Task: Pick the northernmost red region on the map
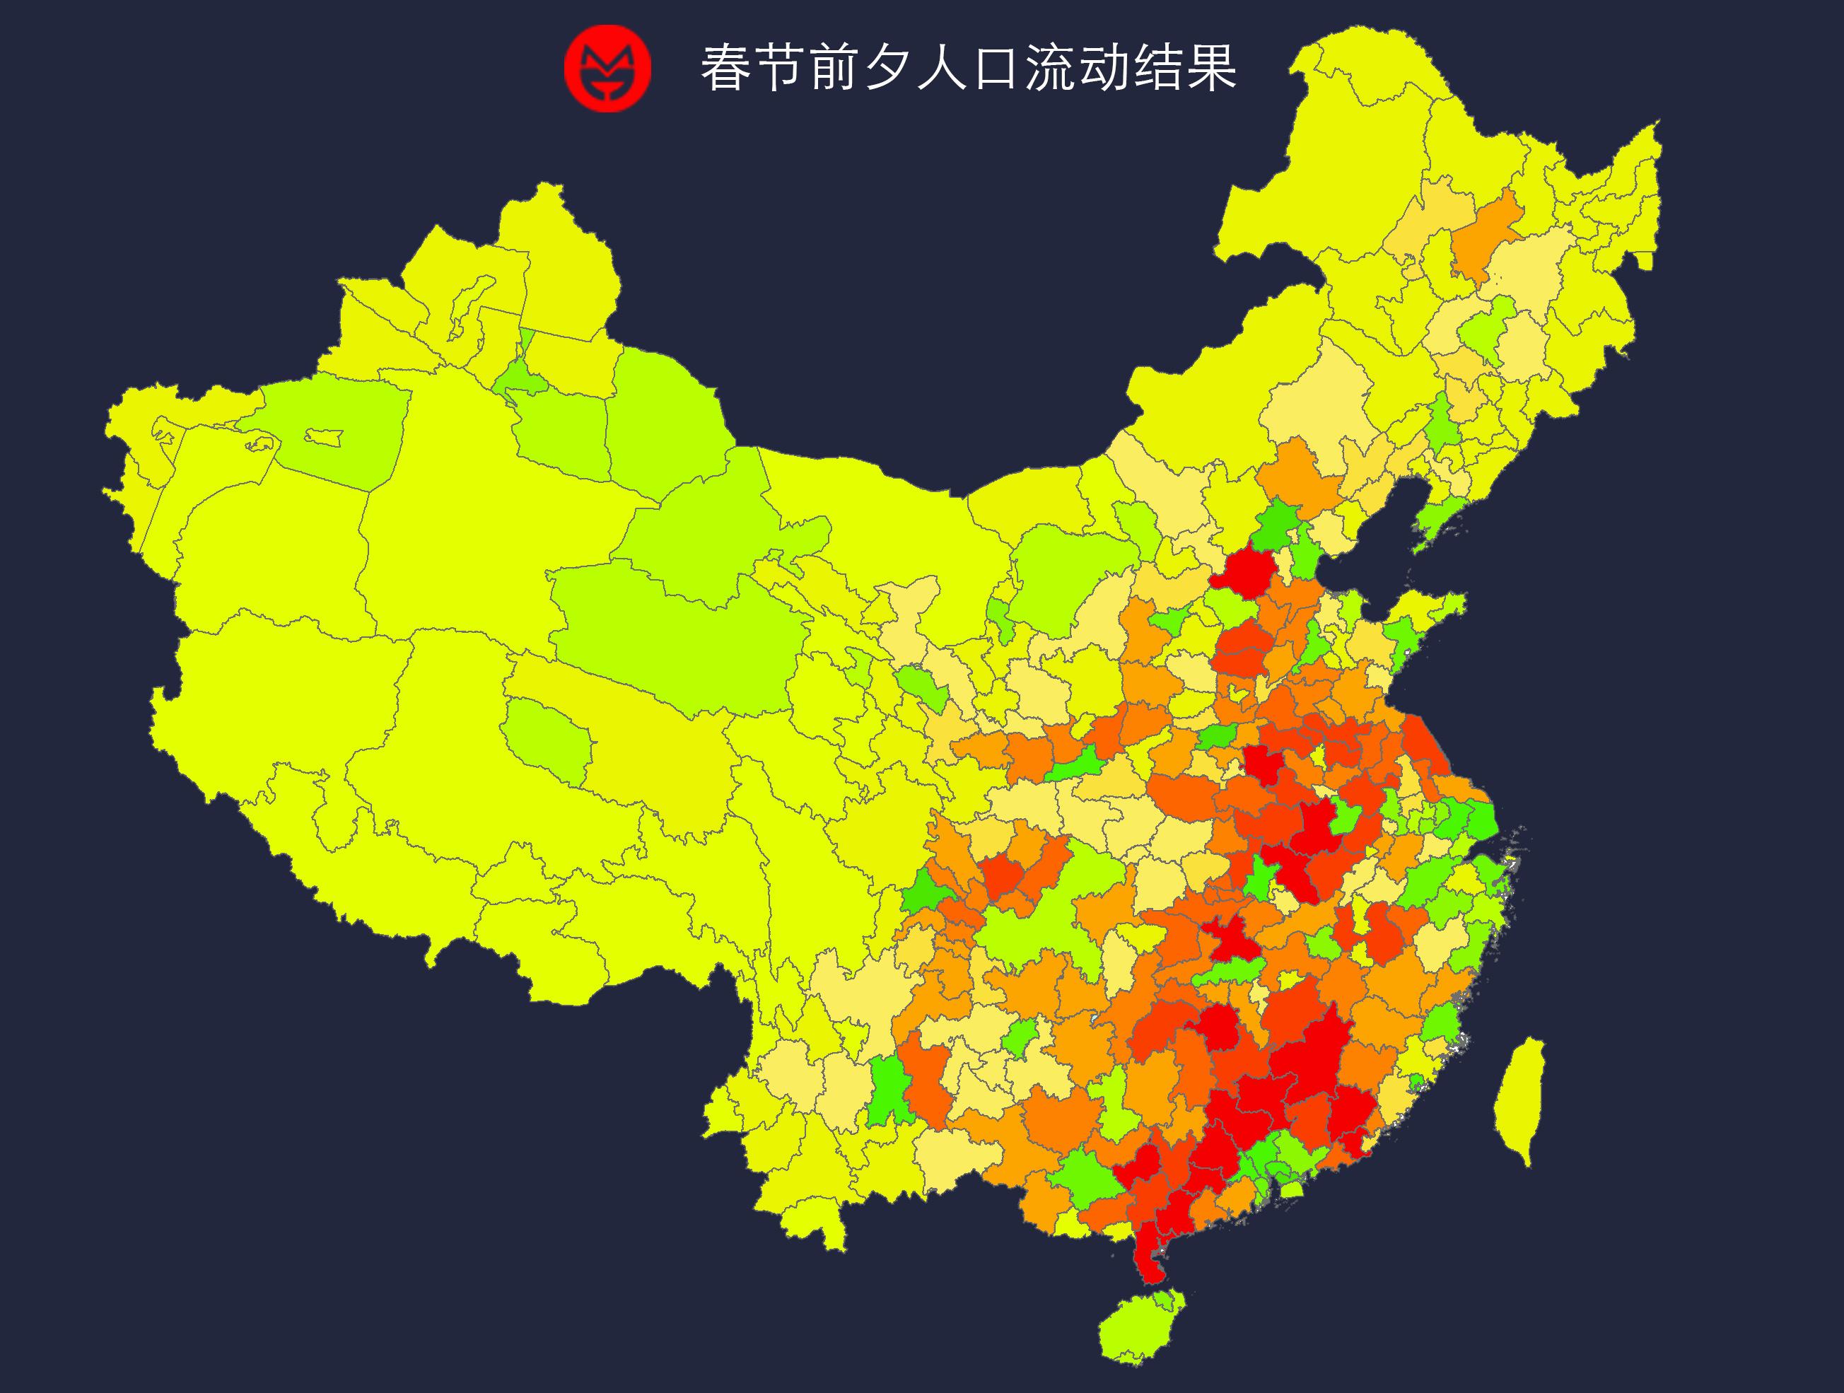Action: (x=1243, y=572)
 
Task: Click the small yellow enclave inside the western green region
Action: (x=323, y=436)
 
